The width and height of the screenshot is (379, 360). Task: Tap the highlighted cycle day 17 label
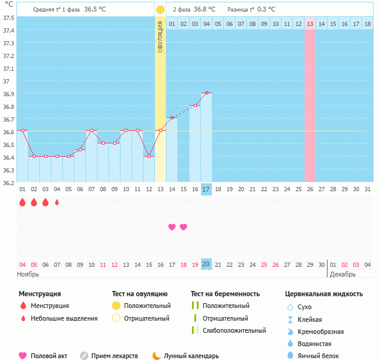206,189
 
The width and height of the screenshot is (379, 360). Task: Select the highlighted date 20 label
206,264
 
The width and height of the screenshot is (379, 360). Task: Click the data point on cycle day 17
206,93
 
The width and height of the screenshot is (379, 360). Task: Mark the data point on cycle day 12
149,156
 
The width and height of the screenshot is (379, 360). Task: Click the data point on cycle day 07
91,131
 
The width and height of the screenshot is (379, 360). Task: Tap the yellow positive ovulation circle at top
160,10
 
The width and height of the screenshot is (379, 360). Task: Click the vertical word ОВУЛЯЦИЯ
160,36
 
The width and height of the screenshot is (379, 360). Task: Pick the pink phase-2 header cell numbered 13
310,24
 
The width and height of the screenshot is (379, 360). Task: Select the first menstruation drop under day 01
22,202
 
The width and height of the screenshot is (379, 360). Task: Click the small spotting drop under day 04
57,202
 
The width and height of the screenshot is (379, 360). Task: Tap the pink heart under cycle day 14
172,227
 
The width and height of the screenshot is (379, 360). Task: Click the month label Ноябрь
28,274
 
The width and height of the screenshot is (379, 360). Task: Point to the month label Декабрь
342,274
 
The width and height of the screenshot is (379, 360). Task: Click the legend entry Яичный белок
323,356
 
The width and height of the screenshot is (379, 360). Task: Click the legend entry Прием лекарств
114,356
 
